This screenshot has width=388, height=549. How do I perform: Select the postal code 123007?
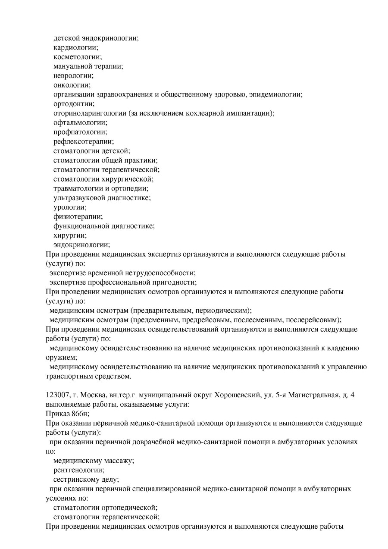pos(56,395)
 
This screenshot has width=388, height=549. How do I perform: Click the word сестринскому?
pos(76,480)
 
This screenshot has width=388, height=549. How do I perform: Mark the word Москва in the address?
pos(88,395)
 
